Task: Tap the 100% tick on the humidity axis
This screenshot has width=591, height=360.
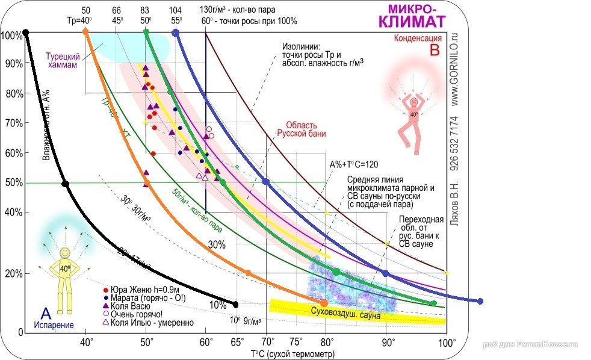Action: (x=11, y=36)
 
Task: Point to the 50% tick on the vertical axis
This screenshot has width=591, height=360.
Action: (x=13, y=182)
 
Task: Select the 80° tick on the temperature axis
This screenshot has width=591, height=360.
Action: (x=326, y=343)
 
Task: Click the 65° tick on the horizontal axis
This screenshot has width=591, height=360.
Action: (x=236, y=343)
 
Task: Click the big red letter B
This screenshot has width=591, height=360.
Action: (x=435, y=51)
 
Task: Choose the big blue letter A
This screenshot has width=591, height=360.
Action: (x=45, y=313)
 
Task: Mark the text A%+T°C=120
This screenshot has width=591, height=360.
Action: (x=353, y=164)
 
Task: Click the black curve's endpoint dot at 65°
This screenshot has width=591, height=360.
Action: (x=235, y=304)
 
